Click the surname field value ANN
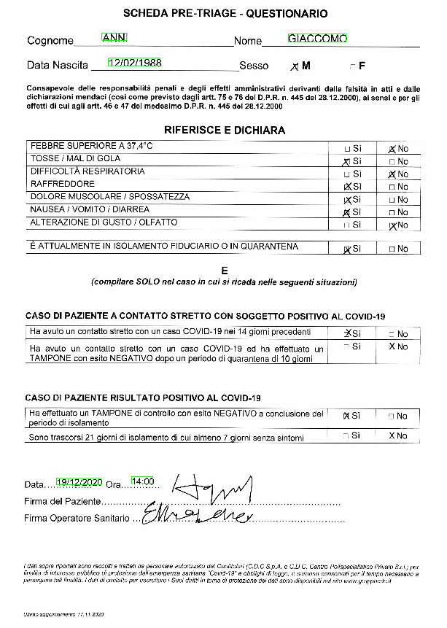point(114,37)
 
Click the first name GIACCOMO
point(317,38)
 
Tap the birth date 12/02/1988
point(135,62)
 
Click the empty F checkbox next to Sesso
point(353,66)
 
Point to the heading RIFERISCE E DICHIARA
point(225,130)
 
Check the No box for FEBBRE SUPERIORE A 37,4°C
point(392,149)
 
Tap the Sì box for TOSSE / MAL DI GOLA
point(346,161)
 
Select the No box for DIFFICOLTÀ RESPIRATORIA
point(392,174)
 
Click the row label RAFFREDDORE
point(62,184)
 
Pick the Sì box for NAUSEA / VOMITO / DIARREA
point(346,212)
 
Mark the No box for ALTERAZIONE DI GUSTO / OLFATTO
point(392,225)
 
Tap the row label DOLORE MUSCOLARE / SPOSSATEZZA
point(109,197)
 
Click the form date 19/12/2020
point(79,482)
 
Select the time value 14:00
point(143,481)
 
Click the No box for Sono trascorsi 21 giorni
point(392,436)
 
